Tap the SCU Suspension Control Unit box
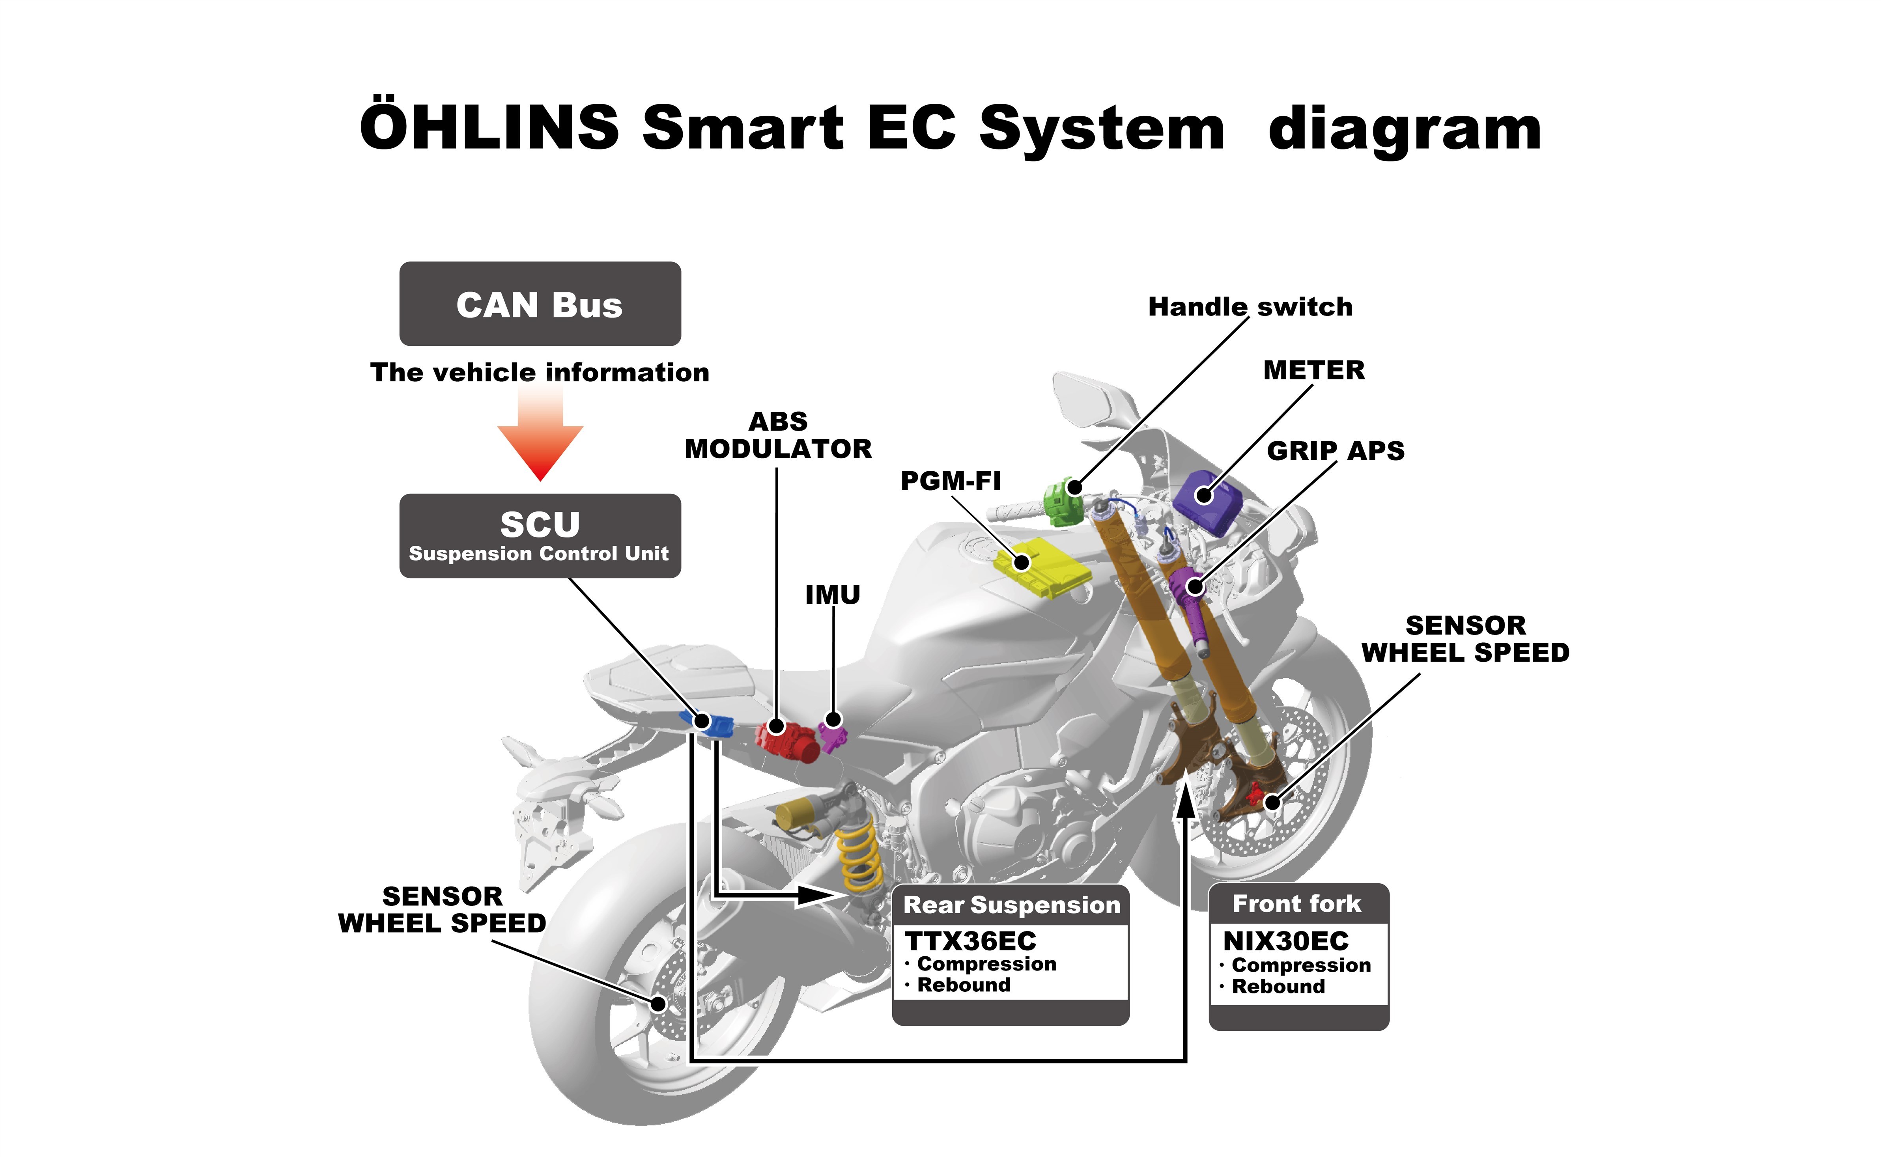540,536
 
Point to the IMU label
833,595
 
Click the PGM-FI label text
951,481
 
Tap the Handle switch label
1250,307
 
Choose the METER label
1313,370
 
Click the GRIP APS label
1336,451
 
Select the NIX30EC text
1286,941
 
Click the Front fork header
1297,904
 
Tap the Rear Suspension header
1011,905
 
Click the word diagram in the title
1404,129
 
